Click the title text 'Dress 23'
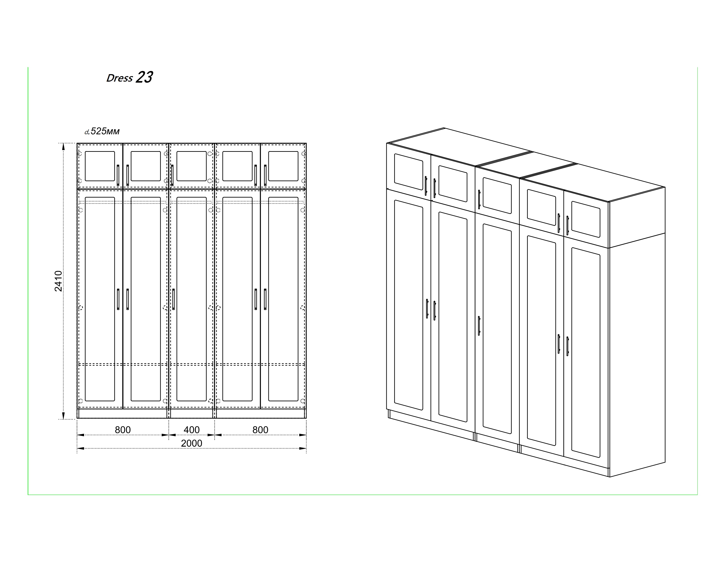tap(130, 77)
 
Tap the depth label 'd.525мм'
tap(102, 131)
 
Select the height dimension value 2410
tap(58, 281)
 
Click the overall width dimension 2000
tap(191, 443)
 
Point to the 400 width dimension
tap(191, 430)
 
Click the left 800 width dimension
tap(123, 430)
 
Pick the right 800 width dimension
tap(260, 430)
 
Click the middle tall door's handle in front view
tap(173, 299)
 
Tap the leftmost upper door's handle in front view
tap(118, 175)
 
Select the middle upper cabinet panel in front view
tap(191, 166)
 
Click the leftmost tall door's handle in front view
tap(118, 299)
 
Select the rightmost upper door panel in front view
tap(283, 166)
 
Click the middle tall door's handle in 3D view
tap(479, 326)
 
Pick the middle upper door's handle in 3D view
tap(479, 199)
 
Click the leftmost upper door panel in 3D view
tap(409, 172)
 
